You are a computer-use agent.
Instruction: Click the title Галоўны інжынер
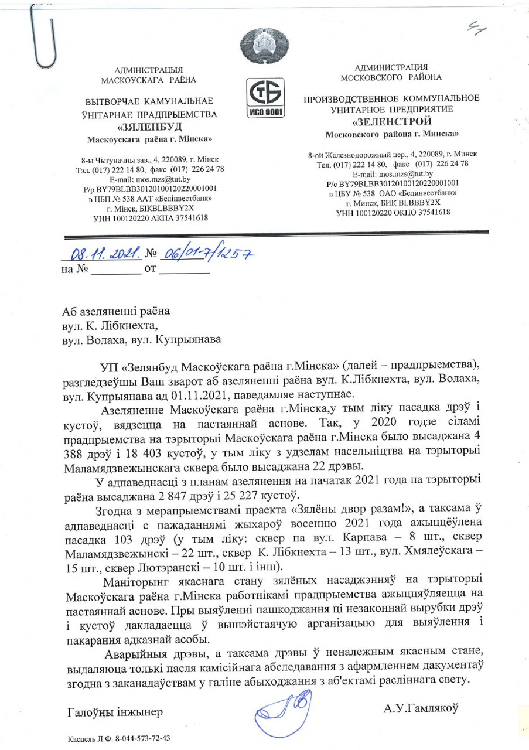(x=116, y=712)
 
